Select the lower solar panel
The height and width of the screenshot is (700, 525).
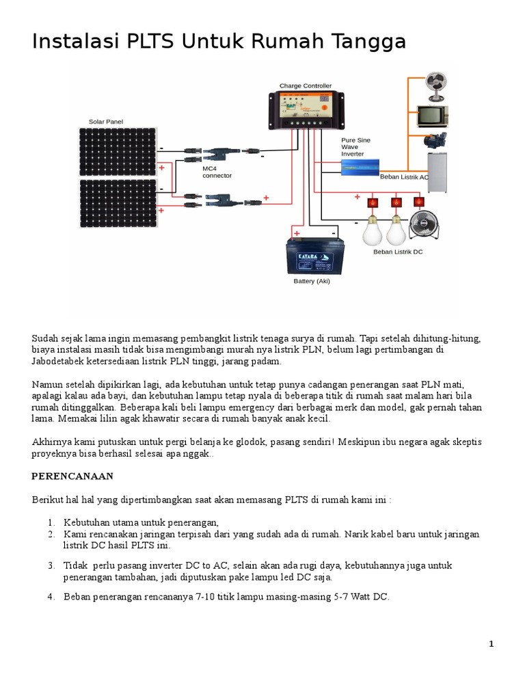[x=118, y=202]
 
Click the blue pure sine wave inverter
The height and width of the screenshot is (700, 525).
[x=361, y=168]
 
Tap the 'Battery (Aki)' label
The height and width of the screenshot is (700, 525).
[x=311, y=281]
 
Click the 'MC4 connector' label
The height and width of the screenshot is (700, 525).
[x=217, y=172]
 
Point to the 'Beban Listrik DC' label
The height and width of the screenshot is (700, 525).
[x=399, y=252]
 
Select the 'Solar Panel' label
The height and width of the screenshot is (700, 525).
[x=105, y=122]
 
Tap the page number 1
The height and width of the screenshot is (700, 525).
[x=491, y=644]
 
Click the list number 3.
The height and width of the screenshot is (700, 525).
[x=51, y=566]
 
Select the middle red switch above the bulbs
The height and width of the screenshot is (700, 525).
[x=396, y=202]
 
